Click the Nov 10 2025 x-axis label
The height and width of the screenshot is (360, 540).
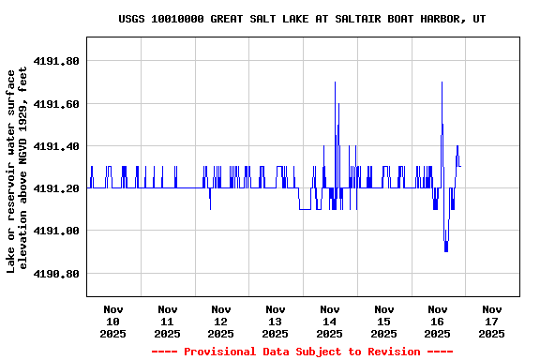[113, 321]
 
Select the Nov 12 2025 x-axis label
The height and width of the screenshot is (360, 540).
[221, 321]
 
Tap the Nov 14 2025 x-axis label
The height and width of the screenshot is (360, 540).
[329, 321]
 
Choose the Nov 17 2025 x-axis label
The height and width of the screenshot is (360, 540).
[491, 321]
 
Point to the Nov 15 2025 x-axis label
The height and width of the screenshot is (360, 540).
[383, 321]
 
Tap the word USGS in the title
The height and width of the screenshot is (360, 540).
[132, 19]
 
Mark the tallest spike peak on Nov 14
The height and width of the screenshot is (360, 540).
[335, 82]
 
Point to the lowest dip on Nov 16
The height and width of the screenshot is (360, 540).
[446, 250]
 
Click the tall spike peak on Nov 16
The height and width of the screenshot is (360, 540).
[442, 82]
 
